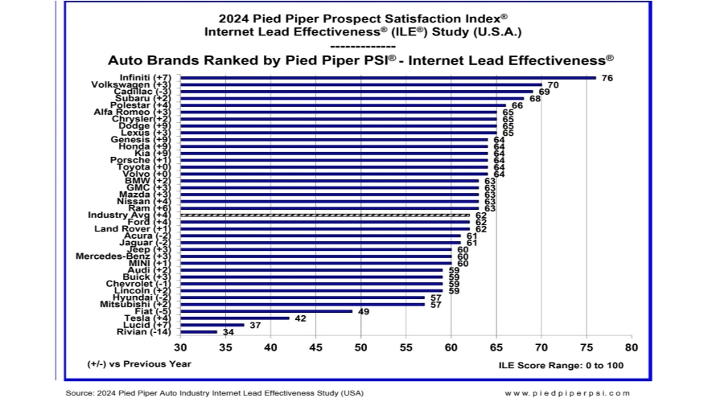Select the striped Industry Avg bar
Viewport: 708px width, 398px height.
tap(325, 215)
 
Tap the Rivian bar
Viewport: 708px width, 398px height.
tap(199, 331)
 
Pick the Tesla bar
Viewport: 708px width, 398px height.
tap(235, 318)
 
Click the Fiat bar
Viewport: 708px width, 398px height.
tap(266, 310)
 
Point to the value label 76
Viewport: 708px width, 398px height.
tap(607, 78)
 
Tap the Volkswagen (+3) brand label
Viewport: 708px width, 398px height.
tap(133, 84)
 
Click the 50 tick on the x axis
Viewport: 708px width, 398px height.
tap(360, 347)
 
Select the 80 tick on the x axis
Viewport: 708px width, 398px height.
tap(631, 347)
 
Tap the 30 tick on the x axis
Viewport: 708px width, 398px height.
tap(180, 347)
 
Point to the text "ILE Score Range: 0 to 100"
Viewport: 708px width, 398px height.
tap(562, 365)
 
